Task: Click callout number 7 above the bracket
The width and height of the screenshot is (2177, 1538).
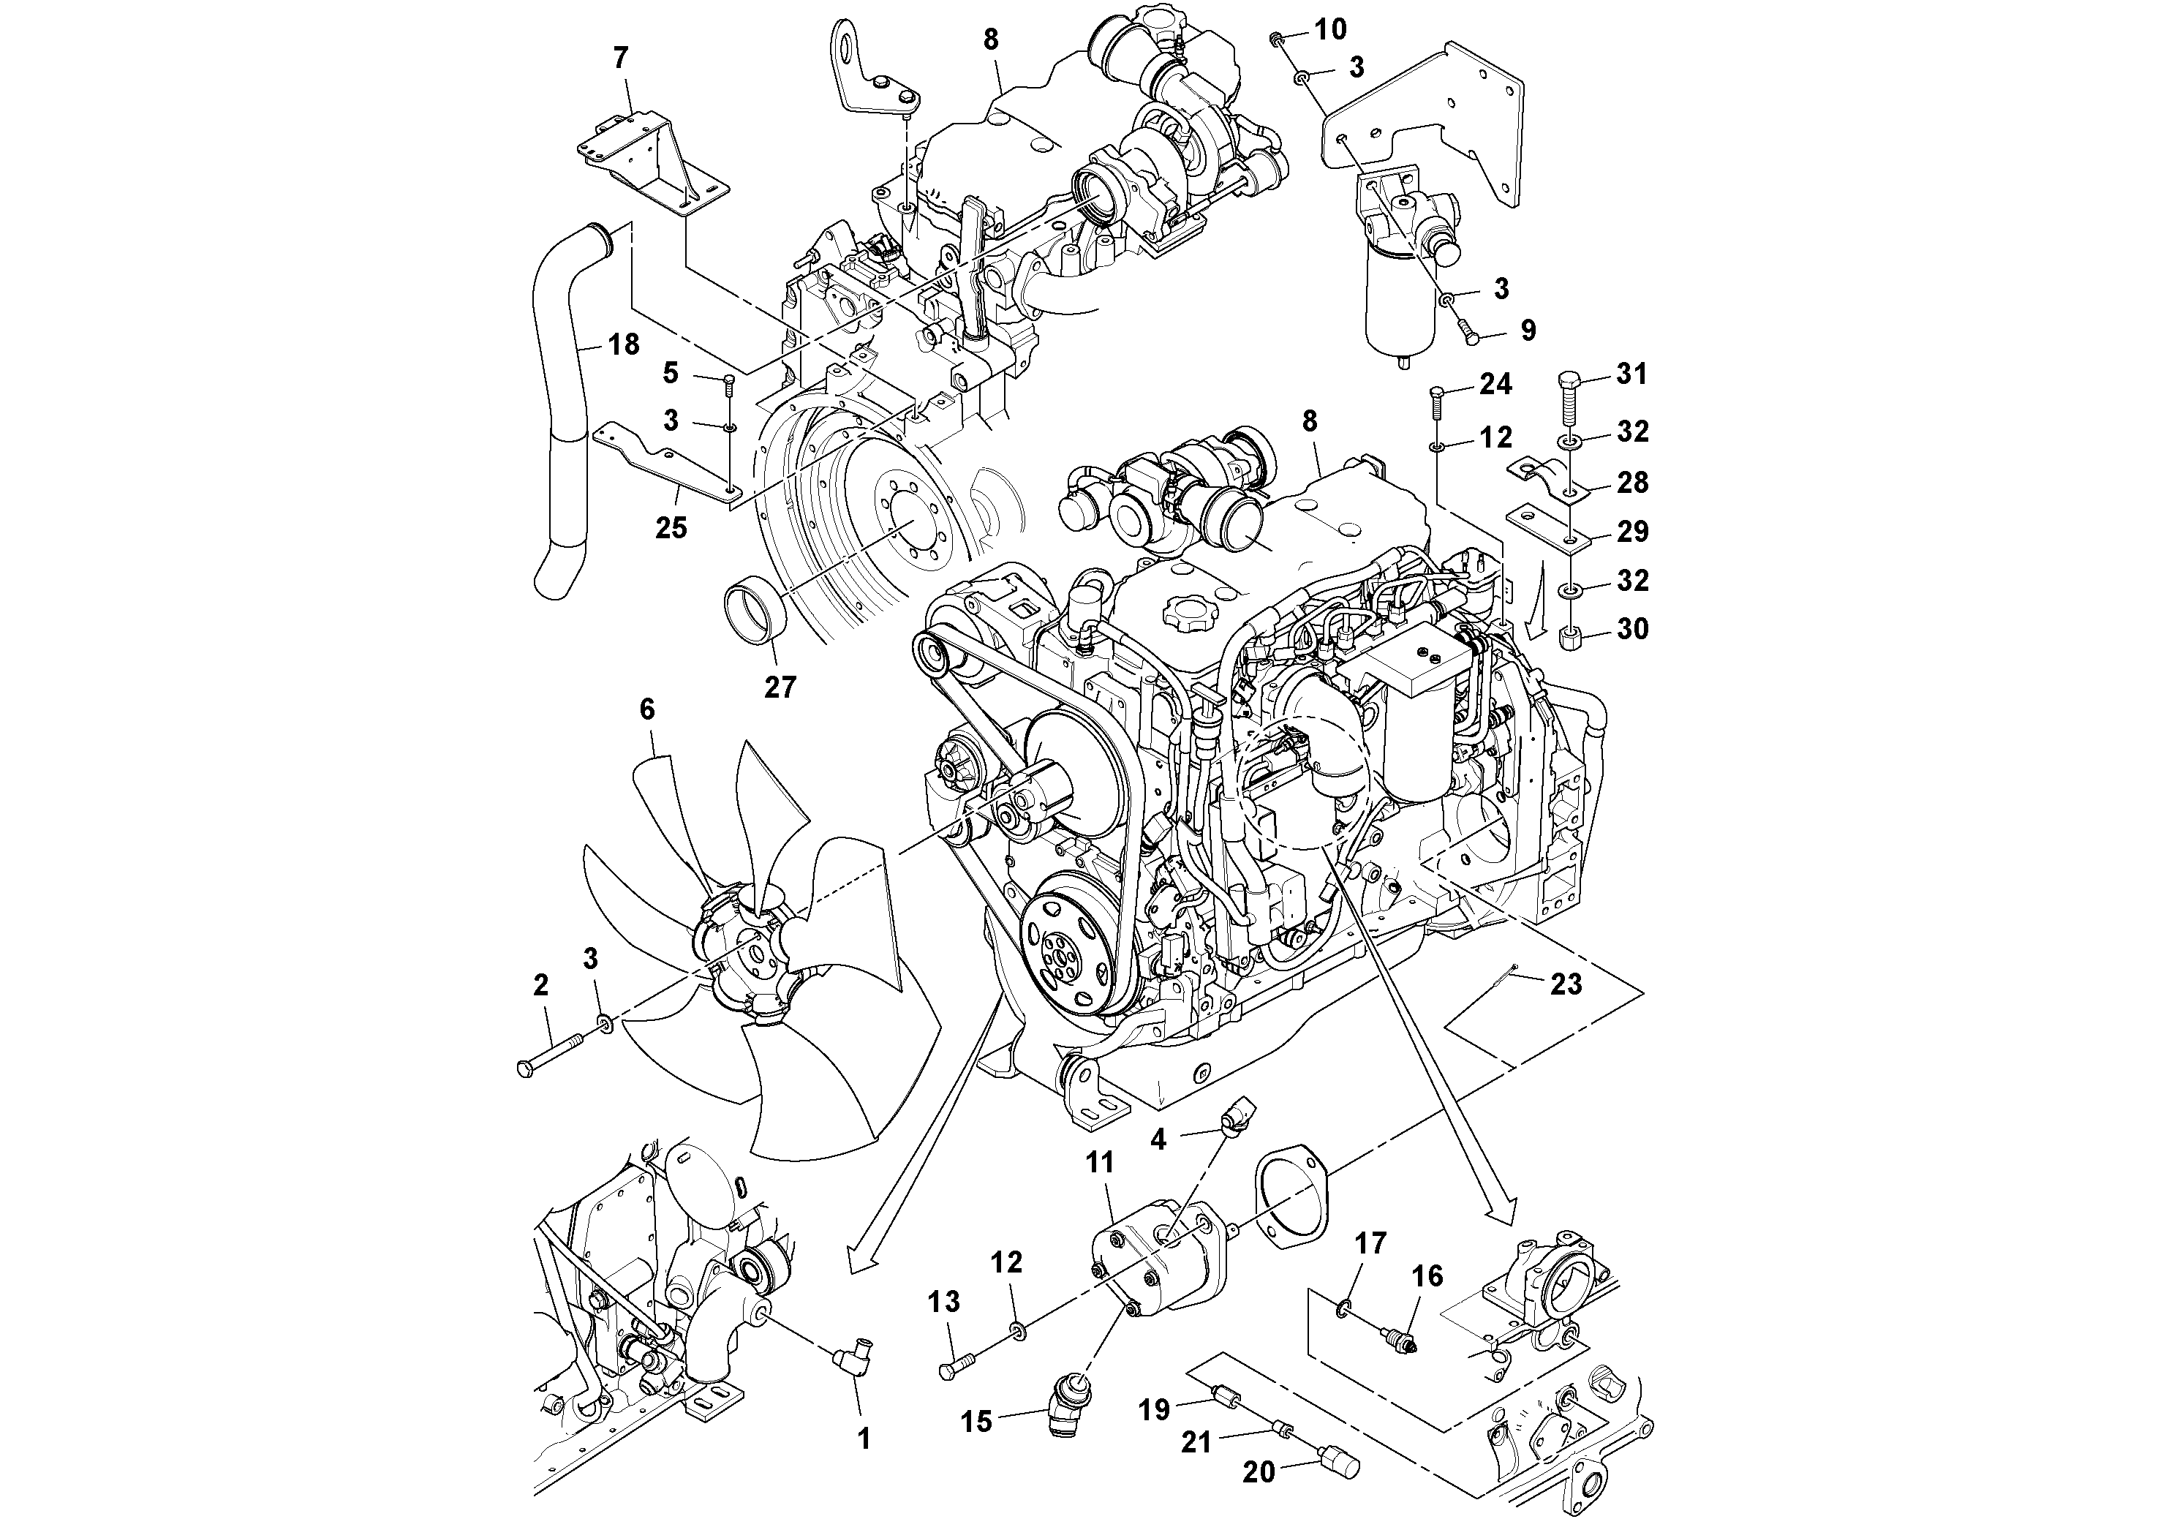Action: (620, 59)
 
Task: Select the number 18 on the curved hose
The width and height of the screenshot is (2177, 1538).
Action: (623, 344)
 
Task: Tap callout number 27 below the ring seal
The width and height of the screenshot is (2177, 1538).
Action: (780, 687)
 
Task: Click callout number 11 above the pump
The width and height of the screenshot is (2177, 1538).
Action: (1099, 1163)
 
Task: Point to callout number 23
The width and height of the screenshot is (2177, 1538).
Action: (1566, 984)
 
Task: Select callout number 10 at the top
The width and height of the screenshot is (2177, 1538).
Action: (1330, 29)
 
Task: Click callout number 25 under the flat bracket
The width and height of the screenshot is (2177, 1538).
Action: (671, 527)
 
